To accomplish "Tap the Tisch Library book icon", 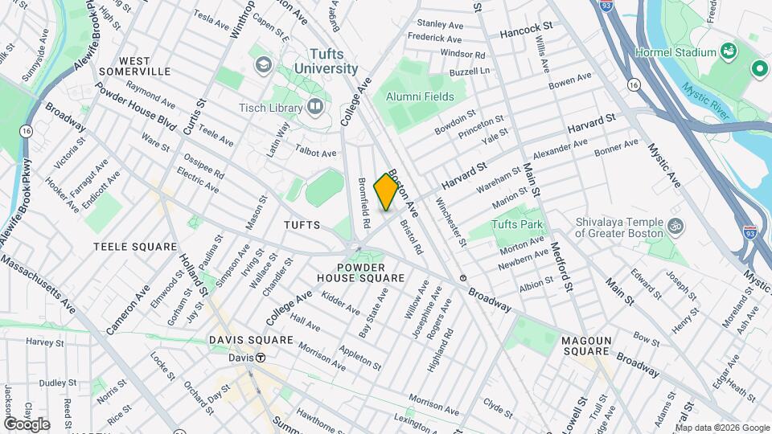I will pos(314,106).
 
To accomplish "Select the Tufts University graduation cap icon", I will pos(262,63).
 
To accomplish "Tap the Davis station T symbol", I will pos(261,358).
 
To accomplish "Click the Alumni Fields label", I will pos(420,96).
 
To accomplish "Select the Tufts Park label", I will pos(518,224).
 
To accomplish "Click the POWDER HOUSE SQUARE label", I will pos(371,272).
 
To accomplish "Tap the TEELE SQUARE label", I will pos(135,247).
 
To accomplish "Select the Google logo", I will pos(27,424).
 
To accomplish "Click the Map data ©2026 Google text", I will pos(721,427).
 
